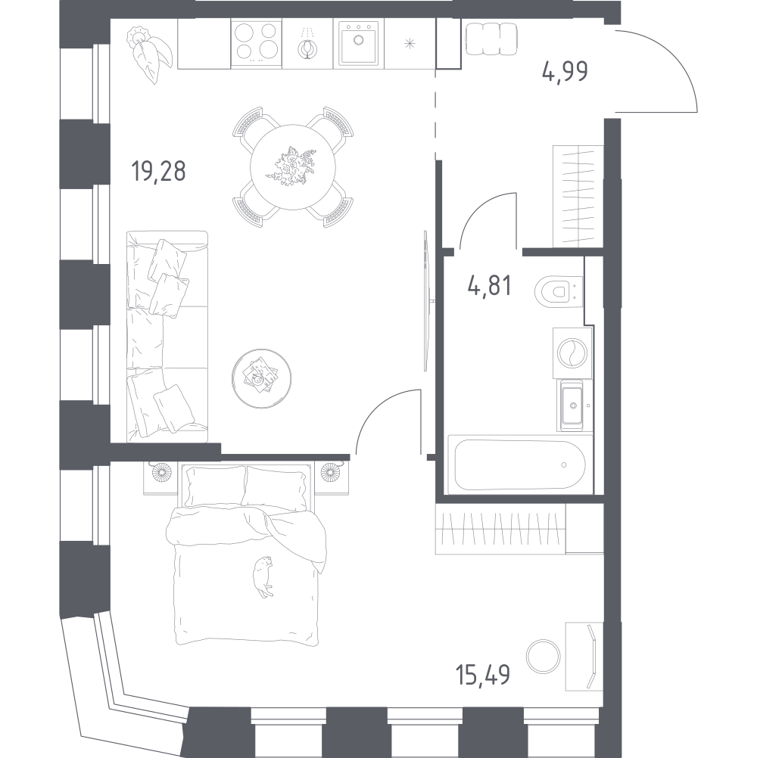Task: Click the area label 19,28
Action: [x=158, y=171]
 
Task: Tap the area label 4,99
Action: [x=565, y=72]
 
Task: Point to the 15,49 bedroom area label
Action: [x=483, y=674]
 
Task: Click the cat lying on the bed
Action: [x=263, y=576]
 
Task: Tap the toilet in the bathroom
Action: [x=557, y=291]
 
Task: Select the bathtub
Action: [x=520, y=464]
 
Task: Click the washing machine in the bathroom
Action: [x=572, y=353]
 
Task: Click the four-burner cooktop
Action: [x=257, y=42]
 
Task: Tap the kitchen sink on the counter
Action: [x=358, y=42]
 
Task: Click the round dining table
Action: [x=293, y=166]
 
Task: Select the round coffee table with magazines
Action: [x=261, y=378]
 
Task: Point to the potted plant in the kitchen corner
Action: [x=149, y=54]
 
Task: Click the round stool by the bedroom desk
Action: [x=544, y=657]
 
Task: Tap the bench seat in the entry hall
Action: [x=491, y=39]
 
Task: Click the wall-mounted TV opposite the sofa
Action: [x=425, y=300]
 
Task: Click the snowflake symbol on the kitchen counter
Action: [x=410, y=44]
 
